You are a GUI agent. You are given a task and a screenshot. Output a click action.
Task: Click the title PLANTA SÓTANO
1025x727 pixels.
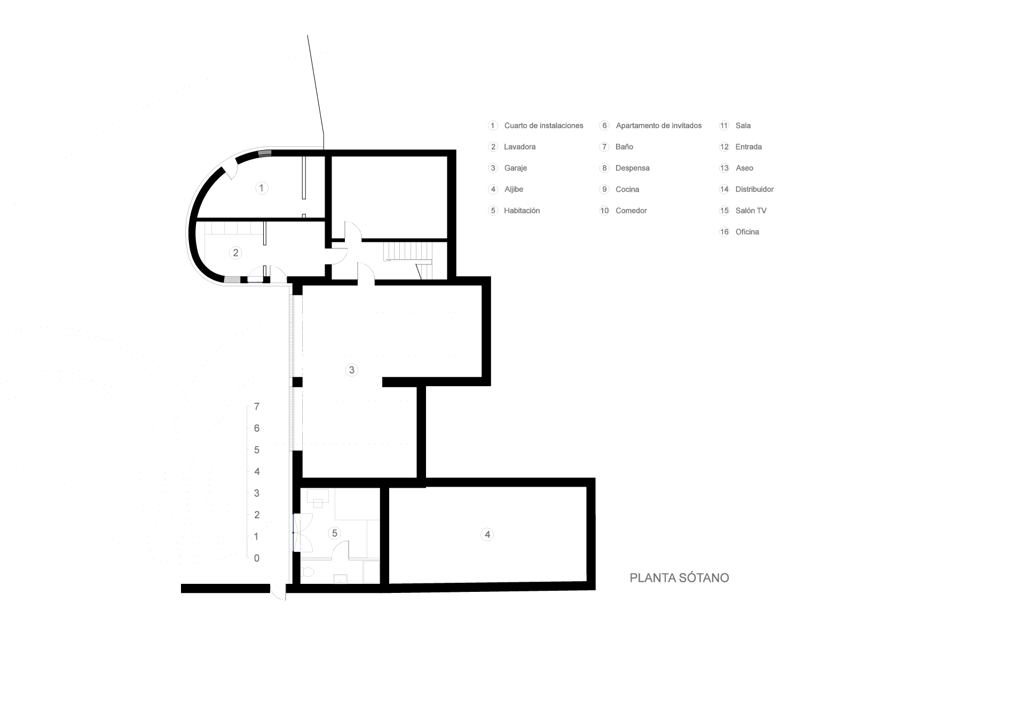pyautogui.click(x=679, y=578)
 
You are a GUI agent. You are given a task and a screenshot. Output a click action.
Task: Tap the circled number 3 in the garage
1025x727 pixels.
pyautogui.click(x=351, y=370)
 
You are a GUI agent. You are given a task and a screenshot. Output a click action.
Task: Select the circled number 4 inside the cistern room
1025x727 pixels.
pyautogui.click(x=487, y=534)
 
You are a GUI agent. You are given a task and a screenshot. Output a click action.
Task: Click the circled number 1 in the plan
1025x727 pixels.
pyautogui.click(x=262, y=188)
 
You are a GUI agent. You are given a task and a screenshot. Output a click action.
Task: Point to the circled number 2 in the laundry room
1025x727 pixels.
pyautogui.click(x=235, y=253)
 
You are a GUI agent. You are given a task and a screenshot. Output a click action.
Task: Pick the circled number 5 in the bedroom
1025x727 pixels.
pyautogui.click(x=335, y=533)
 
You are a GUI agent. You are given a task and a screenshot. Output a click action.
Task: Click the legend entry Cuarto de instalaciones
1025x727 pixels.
pyautogui.click(x=543, y=126)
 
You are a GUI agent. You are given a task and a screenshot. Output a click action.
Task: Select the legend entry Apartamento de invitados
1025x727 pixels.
pyautogui.click(x=658, y=126)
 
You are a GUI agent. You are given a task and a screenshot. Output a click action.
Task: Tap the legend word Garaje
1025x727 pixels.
pyautogui.click(x=515, y=168)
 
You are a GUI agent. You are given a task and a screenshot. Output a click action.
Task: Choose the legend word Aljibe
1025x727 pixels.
pyautogui.click(x=514, y=190)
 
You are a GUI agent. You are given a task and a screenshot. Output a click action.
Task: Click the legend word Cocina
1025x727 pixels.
pyautogui.click(x=627, y=190)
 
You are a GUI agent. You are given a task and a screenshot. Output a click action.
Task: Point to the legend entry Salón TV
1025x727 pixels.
pyautogui.click(x=751, y=211)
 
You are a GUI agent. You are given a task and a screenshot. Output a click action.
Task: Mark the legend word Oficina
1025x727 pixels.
pyautogui.click(x=747, y=232)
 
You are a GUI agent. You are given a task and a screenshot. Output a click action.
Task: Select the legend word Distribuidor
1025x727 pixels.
pyautogui.click(x=754, y=190)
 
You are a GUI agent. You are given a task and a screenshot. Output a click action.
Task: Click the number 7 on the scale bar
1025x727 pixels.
pyautogui.click(x=257, y=407)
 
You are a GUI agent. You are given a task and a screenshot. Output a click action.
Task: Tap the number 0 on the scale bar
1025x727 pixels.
pyautogui.click(x=257, y=558)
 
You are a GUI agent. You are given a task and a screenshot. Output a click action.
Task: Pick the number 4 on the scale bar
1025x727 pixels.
pyautogui.click(x=257, y=472)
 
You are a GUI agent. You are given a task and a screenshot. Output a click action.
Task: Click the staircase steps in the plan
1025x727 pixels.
pyautogui.click(x=406, y=251)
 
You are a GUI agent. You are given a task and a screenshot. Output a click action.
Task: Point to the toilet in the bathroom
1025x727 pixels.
pyautogui.click(x=308, y=573)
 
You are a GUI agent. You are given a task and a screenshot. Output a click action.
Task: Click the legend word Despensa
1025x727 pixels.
pyautogui.click(x=632, y=168)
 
